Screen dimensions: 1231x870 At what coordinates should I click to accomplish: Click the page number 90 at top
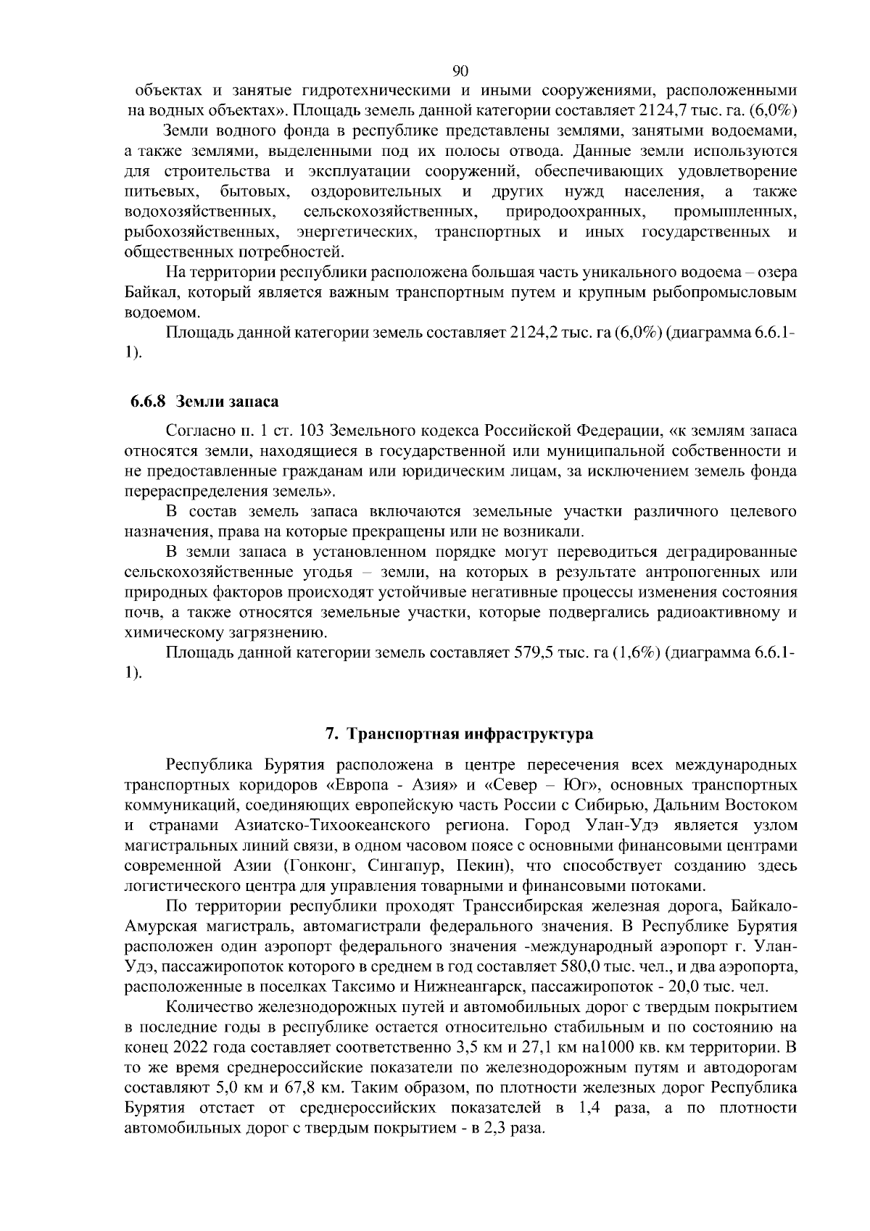coord(460,70)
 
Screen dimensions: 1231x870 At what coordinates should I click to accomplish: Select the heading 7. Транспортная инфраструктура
coord(459,734)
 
